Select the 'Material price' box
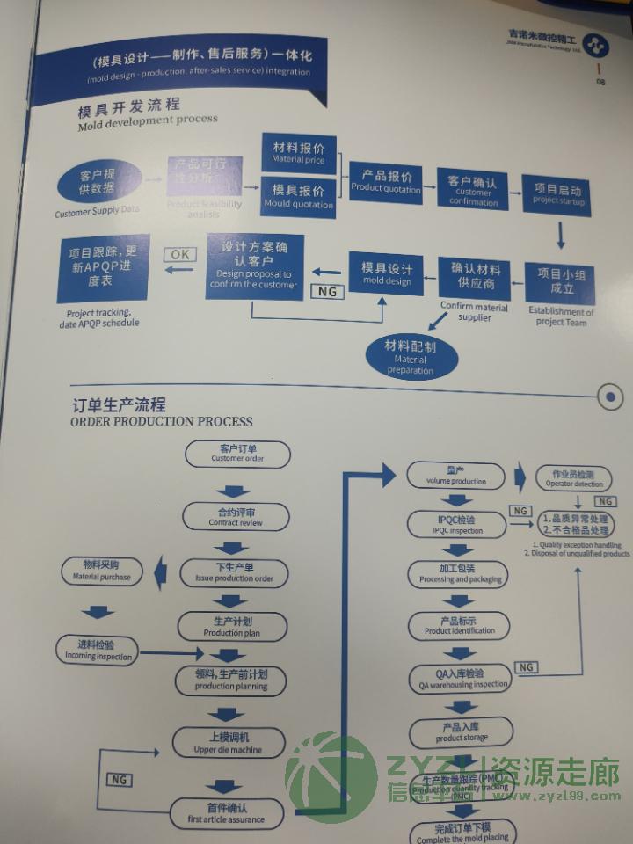click(x=298, y=153)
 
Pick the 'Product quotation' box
click(x=386, y=182)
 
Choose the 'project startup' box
click(x=557, y=194)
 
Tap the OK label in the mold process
click(x=180, y=254)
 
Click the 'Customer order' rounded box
click(x=237, y=454)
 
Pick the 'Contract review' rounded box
click(x=236, y=517)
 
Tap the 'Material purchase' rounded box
click(x=102, y=571)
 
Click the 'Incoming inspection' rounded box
click(x=98, y=651)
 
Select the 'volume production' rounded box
click(x=456, y=476)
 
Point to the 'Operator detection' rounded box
click(x=575, y=478)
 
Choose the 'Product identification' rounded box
click(x=459, y=625)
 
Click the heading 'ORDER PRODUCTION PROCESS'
click(x=162, y=421)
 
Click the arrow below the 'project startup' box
click(x=560, y=235)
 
